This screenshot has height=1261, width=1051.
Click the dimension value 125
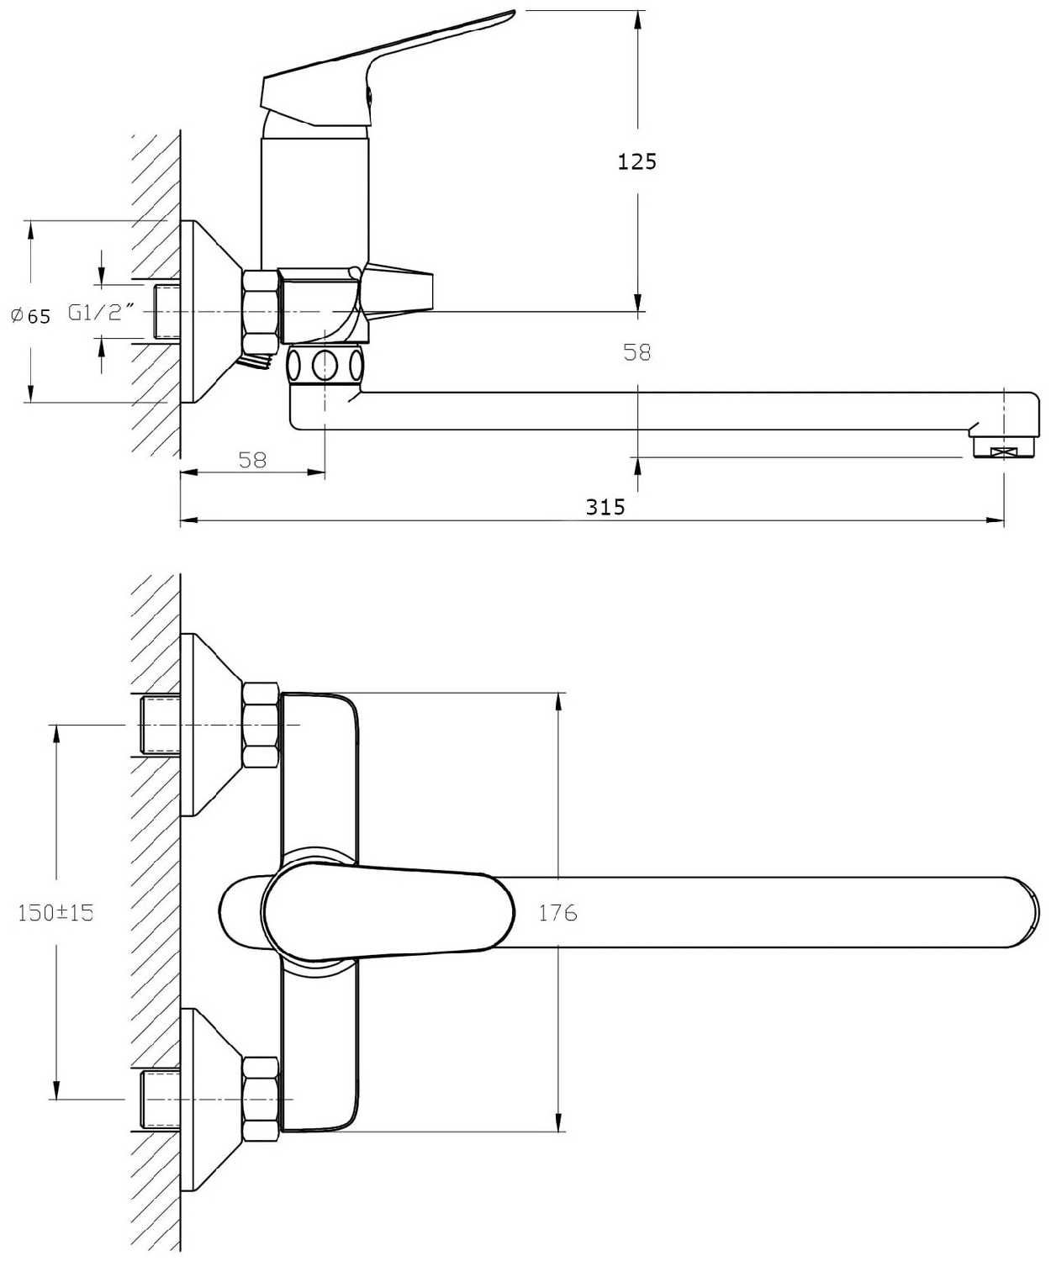coord(636,161)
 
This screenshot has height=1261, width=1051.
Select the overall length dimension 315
coord(605,507)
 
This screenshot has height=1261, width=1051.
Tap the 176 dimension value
coord(557,912)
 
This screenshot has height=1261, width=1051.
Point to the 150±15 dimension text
coord(55,912)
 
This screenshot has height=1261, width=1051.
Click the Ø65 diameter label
coord(31,316)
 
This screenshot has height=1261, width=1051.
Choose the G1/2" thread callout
coord(102,313)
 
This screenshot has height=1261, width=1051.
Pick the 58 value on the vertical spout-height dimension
coord(636,352)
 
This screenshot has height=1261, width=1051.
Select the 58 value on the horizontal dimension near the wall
coord(252,460)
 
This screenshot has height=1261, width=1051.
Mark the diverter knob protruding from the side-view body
coord(399,288)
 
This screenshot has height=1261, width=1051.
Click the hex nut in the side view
coord(260,311)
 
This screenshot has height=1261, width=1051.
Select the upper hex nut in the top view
coord(260,725)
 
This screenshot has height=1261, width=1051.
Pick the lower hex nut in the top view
coord(260,1099)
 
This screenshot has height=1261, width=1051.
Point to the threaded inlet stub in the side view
coord(168,312)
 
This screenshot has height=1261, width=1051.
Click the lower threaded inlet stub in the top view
coord(161,1099)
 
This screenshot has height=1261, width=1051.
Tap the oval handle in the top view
coord(387,912)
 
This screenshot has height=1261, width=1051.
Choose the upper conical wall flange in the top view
coord(210,725)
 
